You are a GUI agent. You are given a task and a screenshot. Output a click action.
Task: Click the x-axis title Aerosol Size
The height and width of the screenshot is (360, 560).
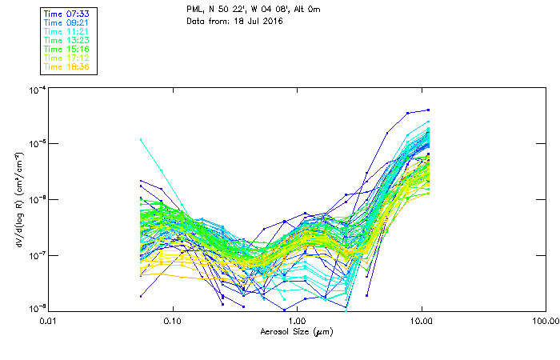click(x=295, y=331)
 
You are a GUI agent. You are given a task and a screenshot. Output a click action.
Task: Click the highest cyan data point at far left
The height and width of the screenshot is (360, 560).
click(x=141, y=139)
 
